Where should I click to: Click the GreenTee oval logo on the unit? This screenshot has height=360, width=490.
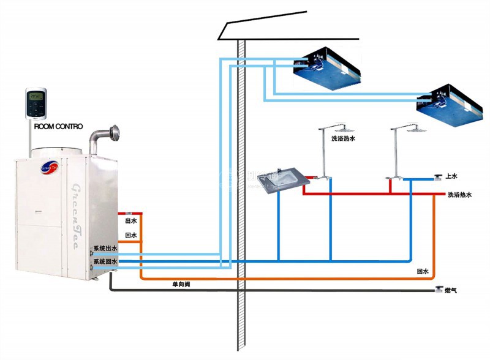[x=48, y=166]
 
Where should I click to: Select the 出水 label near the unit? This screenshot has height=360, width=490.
[x=130, y=220]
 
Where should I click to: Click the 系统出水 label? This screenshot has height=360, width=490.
[x=105, y=249]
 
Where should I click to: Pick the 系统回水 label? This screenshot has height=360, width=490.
[x=105, y=262]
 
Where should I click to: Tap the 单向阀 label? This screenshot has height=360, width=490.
[x=181, y=284]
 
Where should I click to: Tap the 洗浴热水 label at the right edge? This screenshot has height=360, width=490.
[x=460, y=195]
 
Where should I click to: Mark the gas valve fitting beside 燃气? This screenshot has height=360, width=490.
[x=439, y=289]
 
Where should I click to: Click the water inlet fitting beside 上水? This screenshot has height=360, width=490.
[x=439, y=178]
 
